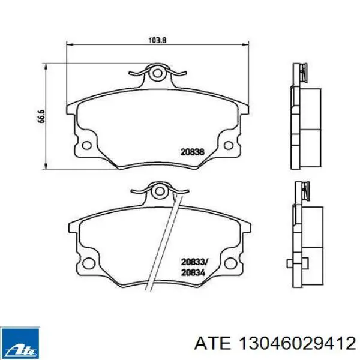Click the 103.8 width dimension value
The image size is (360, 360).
point(157,40)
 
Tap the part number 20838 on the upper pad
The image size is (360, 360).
point(193,152)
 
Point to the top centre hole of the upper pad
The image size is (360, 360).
point(157,74)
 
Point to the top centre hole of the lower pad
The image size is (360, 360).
point(159,192)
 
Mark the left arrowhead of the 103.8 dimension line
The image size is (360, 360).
point(68,44)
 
